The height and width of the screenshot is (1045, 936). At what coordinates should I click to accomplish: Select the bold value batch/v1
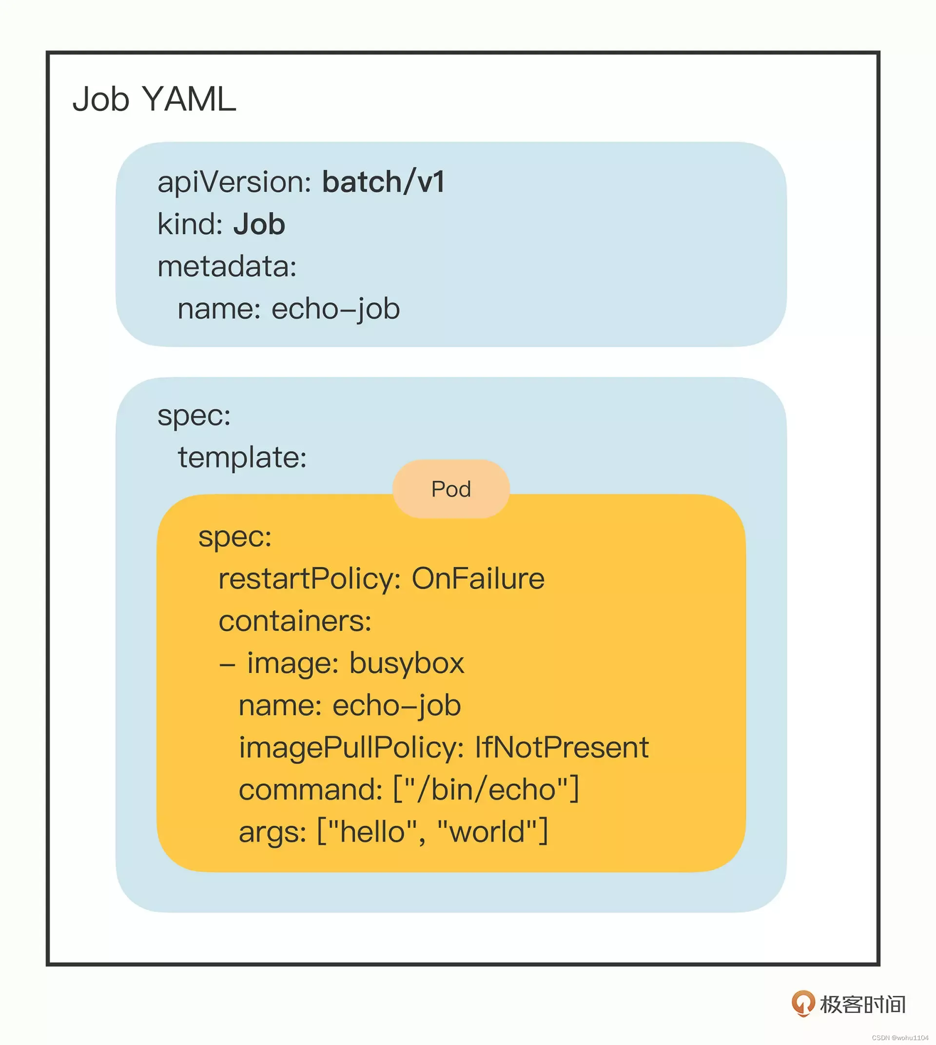(x=383, y=182)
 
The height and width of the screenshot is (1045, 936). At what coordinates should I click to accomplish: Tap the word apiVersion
(x=234, y=183)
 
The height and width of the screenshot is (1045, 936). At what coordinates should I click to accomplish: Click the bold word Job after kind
(x=259, y=225)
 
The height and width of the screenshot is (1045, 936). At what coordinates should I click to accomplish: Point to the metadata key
(x=227, y=266)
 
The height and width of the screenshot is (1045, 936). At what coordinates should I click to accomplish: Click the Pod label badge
(x=451, y=489)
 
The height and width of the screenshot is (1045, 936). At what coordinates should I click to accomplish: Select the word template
(x=242, y=457)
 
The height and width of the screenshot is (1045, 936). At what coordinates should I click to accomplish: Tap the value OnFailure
(x=478, y=578)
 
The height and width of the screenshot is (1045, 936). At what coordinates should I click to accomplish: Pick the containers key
(x=294, y=621)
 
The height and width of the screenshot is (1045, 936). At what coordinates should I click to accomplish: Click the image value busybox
(x=407, y=663)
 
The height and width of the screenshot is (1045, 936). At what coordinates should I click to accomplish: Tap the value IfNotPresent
(x=562, y=747)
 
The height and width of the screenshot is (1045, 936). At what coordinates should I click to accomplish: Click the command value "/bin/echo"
(x=486, y=790)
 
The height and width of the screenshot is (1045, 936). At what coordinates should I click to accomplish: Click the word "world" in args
(x=487, y=832)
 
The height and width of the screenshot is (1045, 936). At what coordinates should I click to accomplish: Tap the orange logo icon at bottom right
(x=803, y=1004)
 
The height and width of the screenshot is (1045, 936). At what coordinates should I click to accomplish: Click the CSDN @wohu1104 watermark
(x=900, y=1038)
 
